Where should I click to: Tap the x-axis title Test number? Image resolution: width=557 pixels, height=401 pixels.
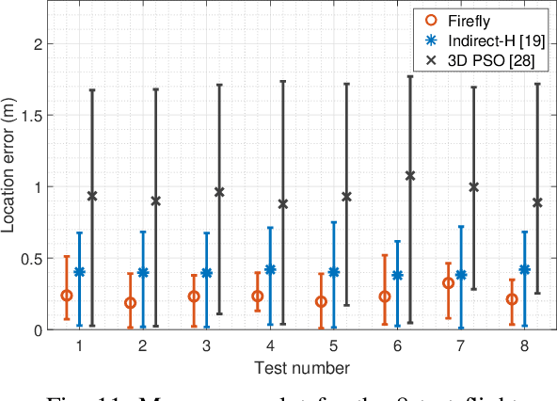301,366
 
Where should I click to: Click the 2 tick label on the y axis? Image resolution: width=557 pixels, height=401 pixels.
40,44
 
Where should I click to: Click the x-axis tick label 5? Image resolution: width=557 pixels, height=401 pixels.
334,345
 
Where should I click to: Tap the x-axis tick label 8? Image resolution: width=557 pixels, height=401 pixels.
525,345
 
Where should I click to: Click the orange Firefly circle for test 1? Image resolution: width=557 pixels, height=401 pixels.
67,296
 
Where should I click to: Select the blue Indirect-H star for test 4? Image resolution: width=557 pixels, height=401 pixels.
270,269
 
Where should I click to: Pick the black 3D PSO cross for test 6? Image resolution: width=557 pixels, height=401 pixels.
410,175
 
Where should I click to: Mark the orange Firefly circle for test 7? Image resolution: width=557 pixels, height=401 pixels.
449,283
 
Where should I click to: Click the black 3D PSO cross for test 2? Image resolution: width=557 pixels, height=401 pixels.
155,200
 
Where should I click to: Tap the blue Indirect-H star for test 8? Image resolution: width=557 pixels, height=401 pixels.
525,269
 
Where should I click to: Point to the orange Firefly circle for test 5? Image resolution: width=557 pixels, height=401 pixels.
321,301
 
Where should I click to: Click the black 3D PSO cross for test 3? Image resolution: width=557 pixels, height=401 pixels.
219,192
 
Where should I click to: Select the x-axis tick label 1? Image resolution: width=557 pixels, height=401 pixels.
79,345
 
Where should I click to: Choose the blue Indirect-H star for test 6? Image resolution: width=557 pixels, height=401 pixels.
398,275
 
